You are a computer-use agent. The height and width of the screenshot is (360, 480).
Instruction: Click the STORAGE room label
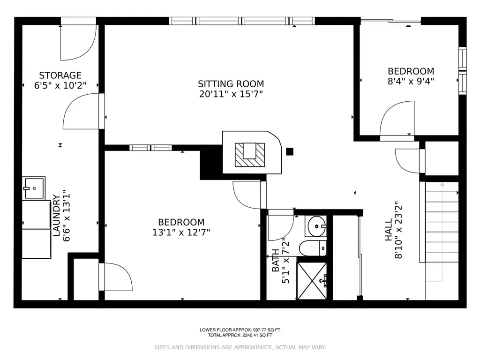point(60,75)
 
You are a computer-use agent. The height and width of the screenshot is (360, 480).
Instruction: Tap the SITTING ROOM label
point(231,84)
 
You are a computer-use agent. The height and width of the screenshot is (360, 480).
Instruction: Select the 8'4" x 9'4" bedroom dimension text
point(411,82)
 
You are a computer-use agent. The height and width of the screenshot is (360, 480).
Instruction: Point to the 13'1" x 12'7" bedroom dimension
point(181,232)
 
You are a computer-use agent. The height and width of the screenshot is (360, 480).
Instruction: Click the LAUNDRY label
point(56,215)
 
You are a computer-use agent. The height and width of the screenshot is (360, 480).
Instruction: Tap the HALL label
point(389,230)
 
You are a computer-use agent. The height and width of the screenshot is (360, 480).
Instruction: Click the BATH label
point(276,260)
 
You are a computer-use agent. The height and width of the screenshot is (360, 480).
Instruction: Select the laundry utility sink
point(34,188)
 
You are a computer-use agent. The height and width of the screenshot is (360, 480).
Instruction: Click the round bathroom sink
point(316,226)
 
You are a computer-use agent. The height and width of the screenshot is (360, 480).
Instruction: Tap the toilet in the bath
point(313,248)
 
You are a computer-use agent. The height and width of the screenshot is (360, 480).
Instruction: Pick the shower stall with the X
point(312,281)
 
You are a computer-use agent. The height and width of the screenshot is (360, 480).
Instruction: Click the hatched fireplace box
point(250,155)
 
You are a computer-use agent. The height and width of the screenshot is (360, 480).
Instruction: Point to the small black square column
point(290,151)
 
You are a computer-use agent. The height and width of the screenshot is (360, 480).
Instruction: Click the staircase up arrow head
point(442,184)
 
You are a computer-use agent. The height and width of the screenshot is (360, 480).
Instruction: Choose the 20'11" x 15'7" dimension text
point(231,94)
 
